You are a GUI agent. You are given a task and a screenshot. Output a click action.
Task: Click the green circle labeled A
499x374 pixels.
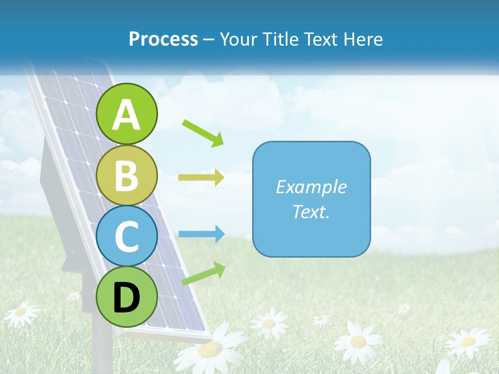tap(127, 114)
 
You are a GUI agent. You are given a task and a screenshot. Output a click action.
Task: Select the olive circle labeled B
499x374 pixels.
tap(127, 175)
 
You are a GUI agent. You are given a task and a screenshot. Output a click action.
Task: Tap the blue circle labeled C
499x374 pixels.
tap(127, 236)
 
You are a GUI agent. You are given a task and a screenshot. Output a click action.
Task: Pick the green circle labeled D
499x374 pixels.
tap(127, 297)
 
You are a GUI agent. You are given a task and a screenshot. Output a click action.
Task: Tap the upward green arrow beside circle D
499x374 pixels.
tap(203, 274)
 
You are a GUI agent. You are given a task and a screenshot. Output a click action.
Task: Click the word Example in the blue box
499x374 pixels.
tap(311, 187)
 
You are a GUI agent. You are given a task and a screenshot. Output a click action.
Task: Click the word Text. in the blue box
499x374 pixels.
tap(311, 211)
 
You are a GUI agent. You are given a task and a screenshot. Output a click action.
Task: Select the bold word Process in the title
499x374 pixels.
tap(163, 39)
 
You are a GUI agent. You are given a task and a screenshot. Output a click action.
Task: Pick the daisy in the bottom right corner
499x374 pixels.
tap(468, 341)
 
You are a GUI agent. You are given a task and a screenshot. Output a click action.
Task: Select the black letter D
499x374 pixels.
tap(127, 298)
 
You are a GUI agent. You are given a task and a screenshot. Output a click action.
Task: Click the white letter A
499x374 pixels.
tap(127, 115)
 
